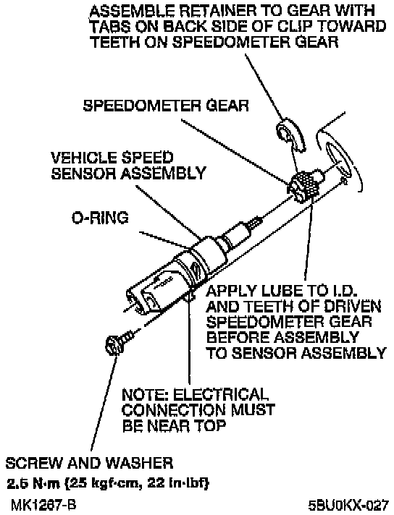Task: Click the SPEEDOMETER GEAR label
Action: click(166, 106)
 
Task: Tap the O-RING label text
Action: click(100, 218)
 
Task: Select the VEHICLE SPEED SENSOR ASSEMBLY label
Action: click(129, 166)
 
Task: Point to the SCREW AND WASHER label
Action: click(89, 463)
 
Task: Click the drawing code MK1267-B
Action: click(43, 504)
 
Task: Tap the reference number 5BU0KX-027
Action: click(348, 504)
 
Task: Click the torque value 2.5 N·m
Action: click(33, 483)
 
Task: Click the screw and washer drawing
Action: click(119, 343)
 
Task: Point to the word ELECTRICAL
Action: click(220, 394)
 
